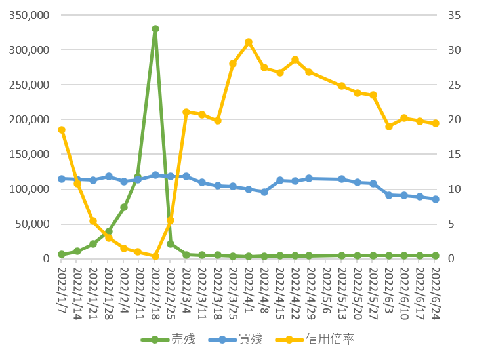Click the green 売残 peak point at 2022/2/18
pos(155,29)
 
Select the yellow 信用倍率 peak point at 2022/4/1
pos(249,42)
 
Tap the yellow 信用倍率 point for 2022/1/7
pos(62,130)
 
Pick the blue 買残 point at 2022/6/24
pos(436,199)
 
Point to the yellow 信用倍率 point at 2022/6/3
pos(389,127)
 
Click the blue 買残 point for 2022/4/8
pos(264,192)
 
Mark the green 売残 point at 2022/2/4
pos(124,207)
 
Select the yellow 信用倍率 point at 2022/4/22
pos(295,60)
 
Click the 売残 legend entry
pos(168,339)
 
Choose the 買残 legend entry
pos(236,339)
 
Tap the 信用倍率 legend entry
pos(315,339)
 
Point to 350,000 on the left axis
pos(29,15)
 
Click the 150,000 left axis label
pos(29,154)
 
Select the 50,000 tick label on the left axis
pos(32,224)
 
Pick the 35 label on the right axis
pos(454,15)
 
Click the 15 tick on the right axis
pos(454,154)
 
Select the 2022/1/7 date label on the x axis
pos(62,290)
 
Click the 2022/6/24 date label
pos(436,293)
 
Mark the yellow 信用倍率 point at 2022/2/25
pos(171,220)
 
